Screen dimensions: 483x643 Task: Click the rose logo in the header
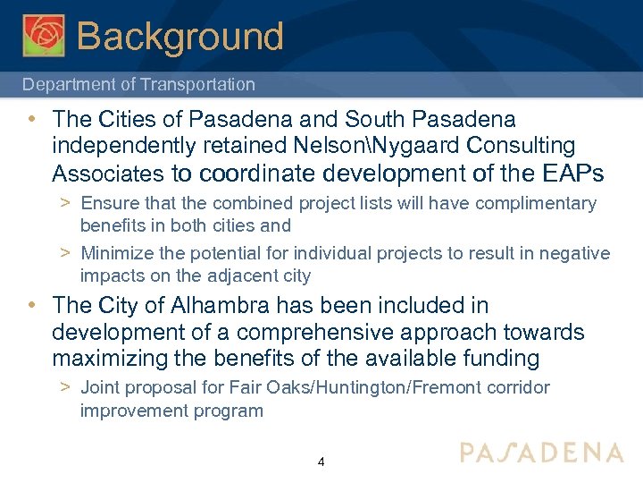(44, 36)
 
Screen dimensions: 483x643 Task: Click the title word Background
(180, 37)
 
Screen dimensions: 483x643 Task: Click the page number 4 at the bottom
(321, 462)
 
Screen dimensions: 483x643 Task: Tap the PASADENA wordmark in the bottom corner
(542, 453)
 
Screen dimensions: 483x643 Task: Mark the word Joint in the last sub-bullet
(99, 388)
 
